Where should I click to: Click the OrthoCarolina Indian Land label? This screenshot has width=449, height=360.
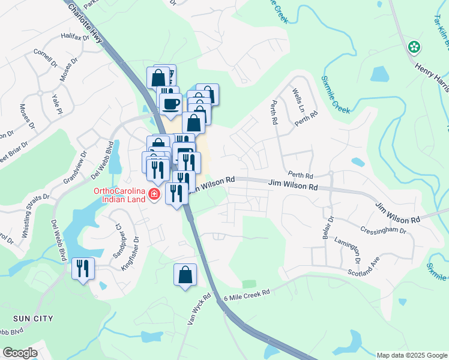click(119, 195)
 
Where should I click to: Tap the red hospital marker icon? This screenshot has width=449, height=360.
click(154, 194)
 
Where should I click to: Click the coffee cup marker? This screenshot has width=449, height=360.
click(170, 103)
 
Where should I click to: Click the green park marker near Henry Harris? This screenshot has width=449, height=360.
click(414, 47)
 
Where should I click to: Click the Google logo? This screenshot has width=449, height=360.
click(20, 353)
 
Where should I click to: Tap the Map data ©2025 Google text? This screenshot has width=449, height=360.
click(411, 355)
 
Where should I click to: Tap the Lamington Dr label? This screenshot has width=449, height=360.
click(349, 252)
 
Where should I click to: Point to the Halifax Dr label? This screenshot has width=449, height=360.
click(74, 37)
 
